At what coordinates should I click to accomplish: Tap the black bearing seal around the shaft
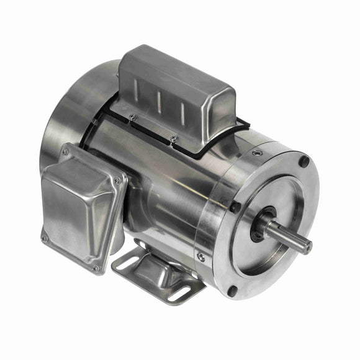tap(269, 223)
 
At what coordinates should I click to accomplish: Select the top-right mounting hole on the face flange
tap(304, 161)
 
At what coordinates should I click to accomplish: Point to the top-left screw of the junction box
tap(64, 152)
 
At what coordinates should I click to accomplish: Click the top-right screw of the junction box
tap(117, 181)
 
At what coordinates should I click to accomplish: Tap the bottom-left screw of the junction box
tap(44, 238)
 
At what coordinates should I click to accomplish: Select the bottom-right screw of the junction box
tap(96, 268)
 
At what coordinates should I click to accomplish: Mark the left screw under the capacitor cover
tap(132, 116)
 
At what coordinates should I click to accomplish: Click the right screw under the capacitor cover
tap(174, 139)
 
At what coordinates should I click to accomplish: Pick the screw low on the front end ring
tap(200, 256)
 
